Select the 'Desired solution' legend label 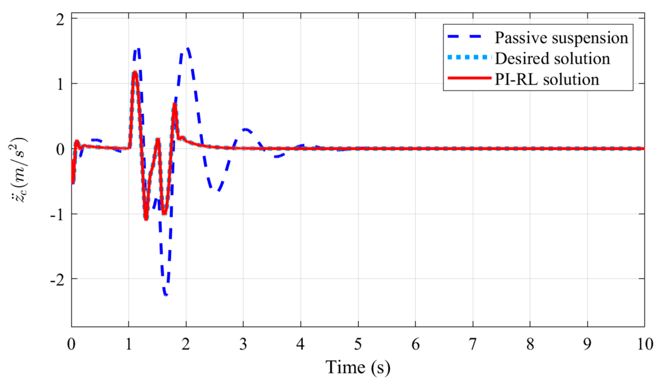(552, 58)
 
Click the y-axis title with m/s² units (18, 171)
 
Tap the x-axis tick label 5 (358, 344)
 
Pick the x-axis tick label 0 (71, 344)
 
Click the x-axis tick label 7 (473, 344)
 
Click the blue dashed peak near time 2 (188, 48)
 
